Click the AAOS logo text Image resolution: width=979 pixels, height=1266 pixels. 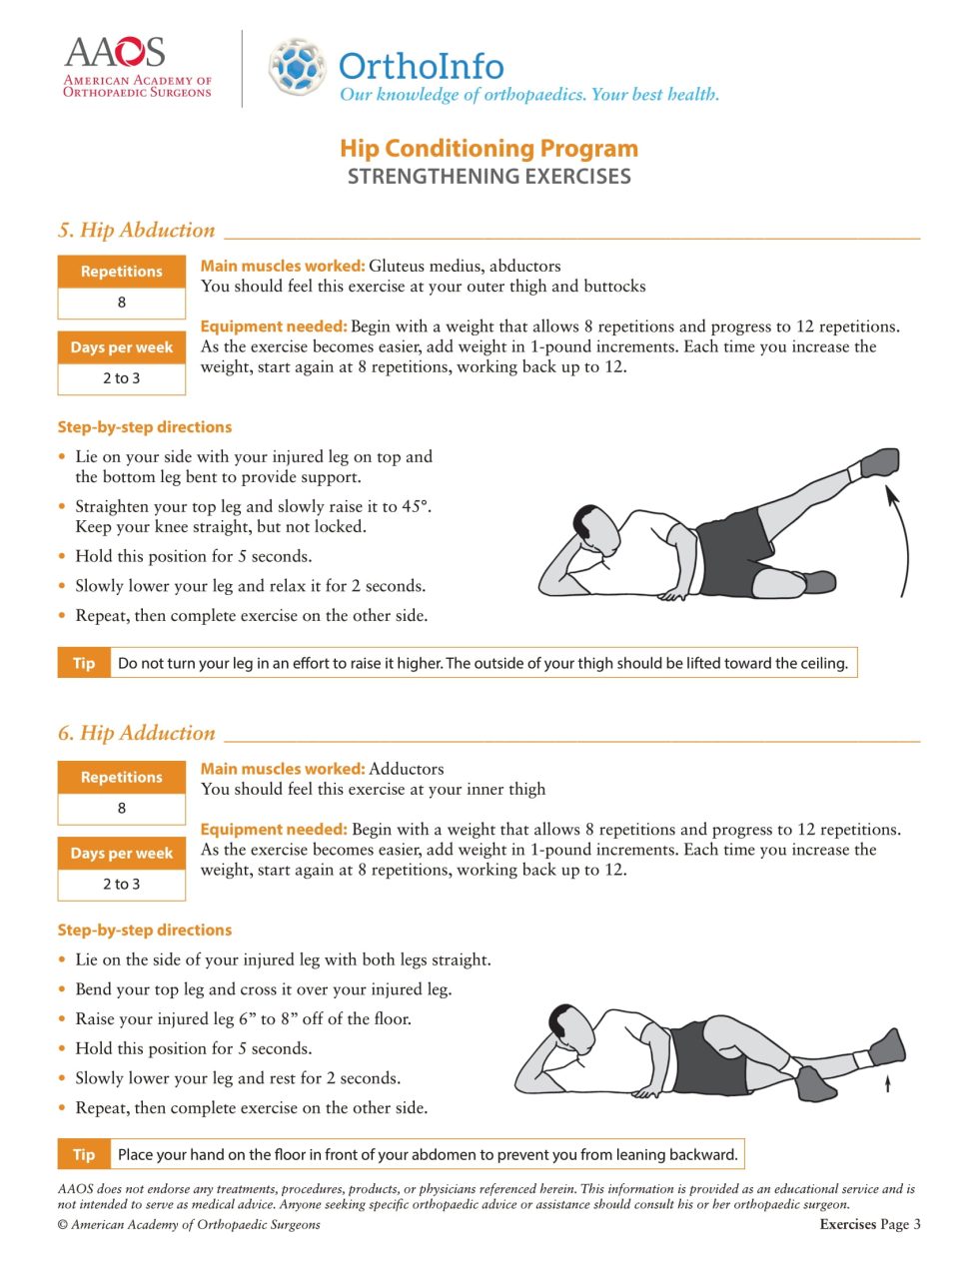point(115,52)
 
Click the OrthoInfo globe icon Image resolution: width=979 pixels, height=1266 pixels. point(297,67)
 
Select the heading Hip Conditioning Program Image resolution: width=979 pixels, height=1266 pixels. point(489,149)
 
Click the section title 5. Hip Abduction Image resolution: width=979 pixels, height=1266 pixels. point(137,230)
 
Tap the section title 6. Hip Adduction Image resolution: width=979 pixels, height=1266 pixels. point(137,733)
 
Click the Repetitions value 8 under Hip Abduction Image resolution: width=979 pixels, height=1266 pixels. point(122,303)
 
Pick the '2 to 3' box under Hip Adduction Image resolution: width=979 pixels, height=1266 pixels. point(122,884)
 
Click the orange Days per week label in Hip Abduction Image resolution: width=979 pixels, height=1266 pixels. point(122,347)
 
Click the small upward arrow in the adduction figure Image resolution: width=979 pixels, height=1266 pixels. point(887,1083)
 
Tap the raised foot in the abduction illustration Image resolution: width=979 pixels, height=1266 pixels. point(879,462)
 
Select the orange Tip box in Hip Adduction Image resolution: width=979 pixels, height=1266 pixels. point(84,1154)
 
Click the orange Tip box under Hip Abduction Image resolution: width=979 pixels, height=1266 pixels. point(84,663)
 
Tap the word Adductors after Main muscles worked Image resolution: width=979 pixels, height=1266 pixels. point(406,769)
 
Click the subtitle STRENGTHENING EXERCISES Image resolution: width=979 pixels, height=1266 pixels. point(489,177)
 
